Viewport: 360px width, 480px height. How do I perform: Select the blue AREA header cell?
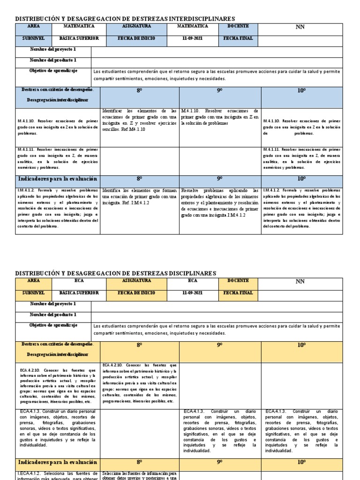point(34,27)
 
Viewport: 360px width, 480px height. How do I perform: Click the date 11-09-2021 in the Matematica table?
point(193,38)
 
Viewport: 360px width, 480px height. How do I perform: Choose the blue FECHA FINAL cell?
point(238,38)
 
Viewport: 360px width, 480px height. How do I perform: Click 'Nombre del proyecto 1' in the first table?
point(53,50)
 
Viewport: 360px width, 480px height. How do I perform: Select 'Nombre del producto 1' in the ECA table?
point(53,315)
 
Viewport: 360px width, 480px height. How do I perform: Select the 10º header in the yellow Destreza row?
point(301,345)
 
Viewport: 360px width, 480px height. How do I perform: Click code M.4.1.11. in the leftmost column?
point(29,149)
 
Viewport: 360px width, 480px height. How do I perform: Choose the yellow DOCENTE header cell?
point(238,281)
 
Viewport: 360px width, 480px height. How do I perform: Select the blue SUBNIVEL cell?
point(34,38)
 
